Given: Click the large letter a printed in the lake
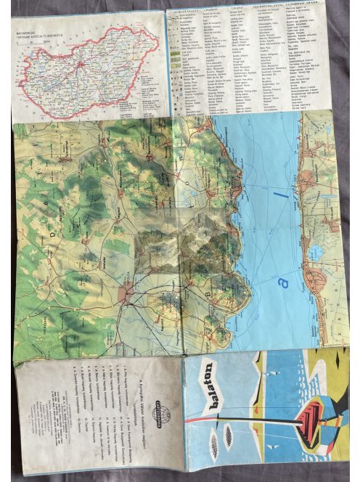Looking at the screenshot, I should click(x=284, y=278).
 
